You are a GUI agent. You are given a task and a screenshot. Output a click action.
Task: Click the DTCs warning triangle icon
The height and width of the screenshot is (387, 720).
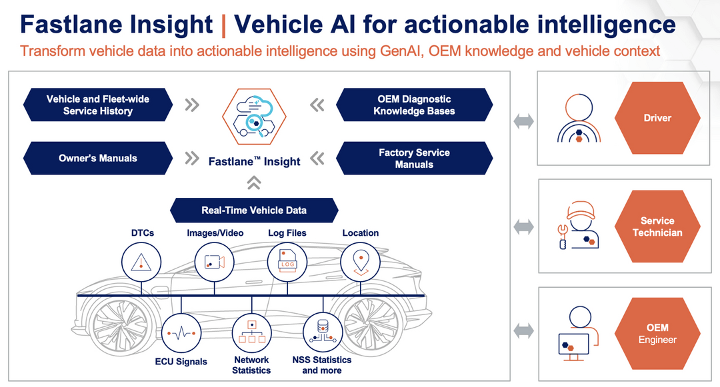coord(141,262)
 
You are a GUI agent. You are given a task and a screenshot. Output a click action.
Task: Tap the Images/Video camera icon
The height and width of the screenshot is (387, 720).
coord(215,262)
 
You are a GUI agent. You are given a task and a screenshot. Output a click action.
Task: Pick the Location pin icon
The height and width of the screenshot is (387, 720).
coord(361,262)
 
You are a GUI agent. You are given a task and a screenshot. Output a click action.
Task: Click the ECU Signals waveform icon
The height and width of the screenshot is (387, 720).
coord(181,333)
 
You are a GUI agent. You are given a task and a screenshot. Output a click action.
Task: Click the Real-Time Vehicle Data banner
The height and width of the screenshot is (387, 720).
coord(254,210)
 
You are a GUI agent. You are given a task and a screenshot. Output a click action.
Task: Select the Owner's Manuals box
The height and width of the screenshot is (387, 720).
coord(98,158)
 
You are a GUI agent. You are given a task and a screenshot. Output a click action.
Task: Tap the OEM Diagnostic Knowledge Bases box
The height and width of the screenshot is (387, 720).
coord(414,105)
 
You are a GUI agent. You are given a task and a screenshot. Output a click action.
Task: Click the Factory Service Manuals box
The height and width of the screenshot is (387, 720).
coord(414,158)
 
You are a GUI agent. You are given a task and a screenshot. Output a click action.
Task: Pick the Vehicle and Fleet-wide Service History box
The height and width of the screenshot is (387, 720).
coord(98,105)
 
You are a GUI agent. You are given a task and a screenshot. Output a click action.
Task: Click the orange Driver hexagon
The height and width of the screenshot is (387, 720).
coord(657,118)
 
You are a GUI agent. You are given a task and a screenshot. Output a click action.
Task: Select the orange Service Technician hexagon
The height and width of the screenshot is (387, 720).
coord(657,226)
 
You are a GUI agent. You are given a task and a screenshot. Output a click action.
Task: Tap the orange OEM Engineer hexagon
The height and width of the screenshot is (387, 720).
coord(657,334)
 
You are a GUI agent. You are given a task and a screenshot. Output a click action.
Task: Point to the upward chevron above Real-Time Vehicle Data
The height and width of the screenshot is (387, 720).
coord(254,183)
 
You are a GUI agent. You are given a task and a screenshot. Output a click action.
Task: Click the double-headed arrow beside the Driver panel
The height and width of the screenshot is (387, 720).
coord(523,121)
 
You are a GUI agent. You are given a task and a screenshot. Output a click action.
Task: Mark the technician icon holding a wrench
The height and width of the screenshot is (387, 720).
coord(577,225)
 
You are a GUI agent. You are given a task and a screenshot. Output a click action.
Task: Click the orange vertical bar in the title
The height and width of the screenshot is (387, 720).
coord(223,26)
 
